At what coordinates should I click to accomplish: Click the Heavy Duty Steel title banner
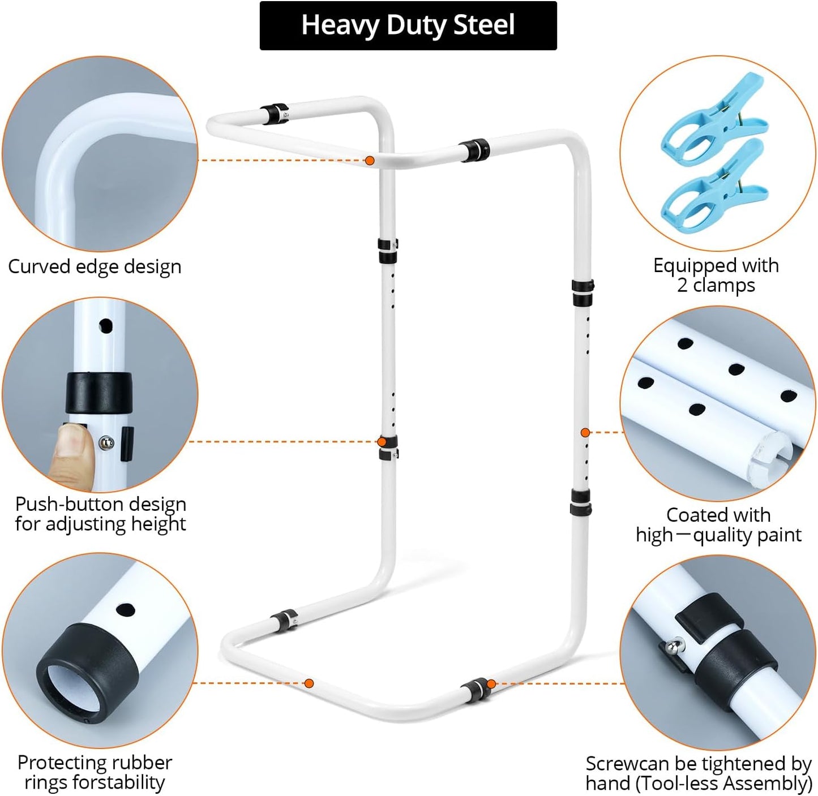click(x=408, y=25)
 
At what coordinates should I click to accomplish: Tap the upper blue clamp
click(x=714, y=120)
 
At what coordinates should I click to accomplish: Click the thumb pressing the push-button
click(x=70, y=454)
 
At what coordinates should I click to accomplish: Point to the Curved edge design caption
click(x=95, y=266)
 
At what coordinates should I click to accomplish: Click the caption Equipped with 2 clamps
click(x=716, y=275)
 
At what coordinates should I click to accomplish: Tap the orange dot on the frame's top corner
click(x=370, y=161)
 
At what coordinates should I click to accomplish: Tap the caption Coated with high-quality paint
click(x=718, y=525)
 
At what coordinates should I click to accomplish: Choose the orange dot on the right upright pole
click(x=585, y=432)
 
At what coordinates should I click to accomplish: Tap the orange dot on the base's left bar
click(x=309, y=683)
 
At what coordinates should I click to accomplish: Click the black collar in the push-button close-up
click(x=98, y=393)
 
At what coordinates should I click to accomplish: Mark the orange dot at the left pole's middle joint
click(x=382, y=442)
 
